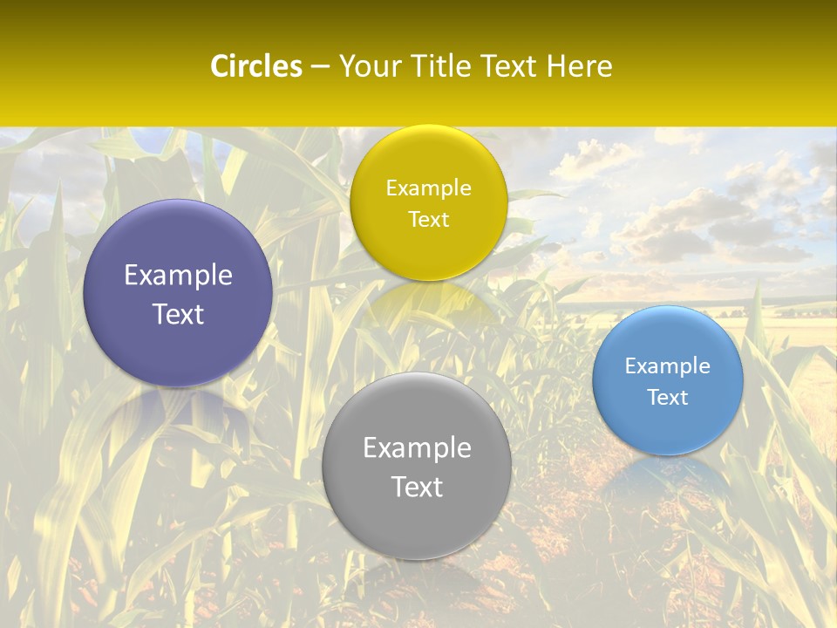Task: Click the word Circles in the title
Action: [255, 66]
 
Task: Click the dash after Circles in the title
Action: [320, 67]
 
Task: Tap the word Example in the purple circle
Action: [178, 276]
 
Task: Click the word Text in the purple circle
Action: [178, 314]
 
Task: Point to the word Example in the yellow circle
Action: [428, 188]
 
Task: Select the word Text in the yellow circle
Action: [428, 219]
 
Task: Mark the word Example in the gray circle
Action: [417, 447]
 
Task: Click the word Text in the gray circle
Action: [417, 487]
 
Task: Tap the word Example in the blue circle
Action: [668, 366]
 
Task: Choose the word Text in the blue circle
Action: [668, 397]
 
